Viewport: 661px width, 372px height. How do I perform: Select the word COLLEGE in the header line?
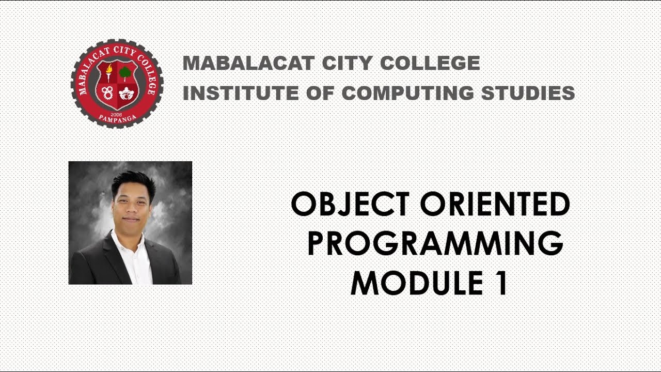430,64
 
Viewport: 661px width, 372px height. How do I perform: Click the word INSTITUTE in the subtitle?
240,94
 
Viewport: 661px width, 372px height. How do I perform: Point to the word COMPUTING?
408,94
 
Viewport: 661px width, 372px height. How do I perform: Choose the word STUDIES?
528,94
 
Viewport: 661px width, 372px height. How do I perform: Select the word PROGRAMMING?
435,244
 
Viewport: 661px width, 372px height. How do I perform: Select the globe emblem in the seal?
125,94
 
